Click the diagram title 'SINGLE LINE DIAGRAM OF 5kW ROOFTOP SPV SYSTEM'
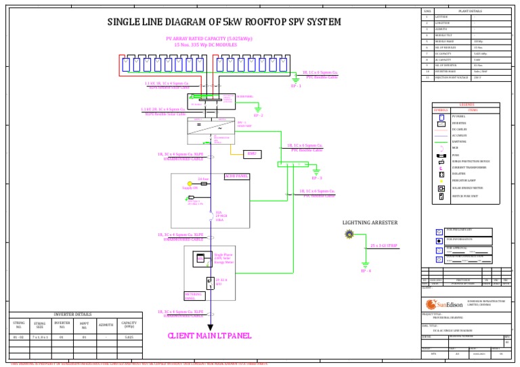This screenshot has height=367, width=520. [x=224, y=23]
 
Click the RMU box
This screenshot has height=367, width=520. [x=251, y=153]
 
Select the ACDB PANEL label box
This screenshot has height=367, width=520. [x=236, y=176]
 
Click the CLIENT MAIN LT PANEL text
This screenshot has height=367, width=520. [x=210, y=335]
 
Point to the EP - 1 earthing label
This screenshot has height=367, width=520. [x=296, y=87]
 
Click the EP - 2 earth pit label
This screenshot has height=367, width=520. [x=258, y=116]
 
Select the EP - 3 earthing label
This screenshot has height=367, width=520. [x=316, y=178]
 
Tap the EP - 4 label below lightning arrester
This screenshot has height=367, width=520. [x=366, y=270]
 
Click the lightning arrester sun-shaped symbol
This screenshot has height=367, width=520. [x=349, y=235]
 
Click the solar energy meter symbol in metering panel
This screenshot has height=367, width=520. [x=200, y=258]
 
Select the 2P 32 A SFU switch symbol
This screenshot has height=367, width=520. [x=210, y=283]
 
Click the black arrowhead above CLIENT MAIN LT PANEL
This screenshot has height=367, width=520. [x=210, y=327]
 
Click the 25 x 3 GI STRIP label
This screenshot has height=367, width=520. [x=383, y=245]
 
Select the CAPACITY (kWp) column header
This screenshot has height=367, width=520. [x=129, y=325]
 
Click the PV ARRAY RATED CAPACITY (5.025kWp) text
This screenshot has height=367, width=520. [x=210, y=39]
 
